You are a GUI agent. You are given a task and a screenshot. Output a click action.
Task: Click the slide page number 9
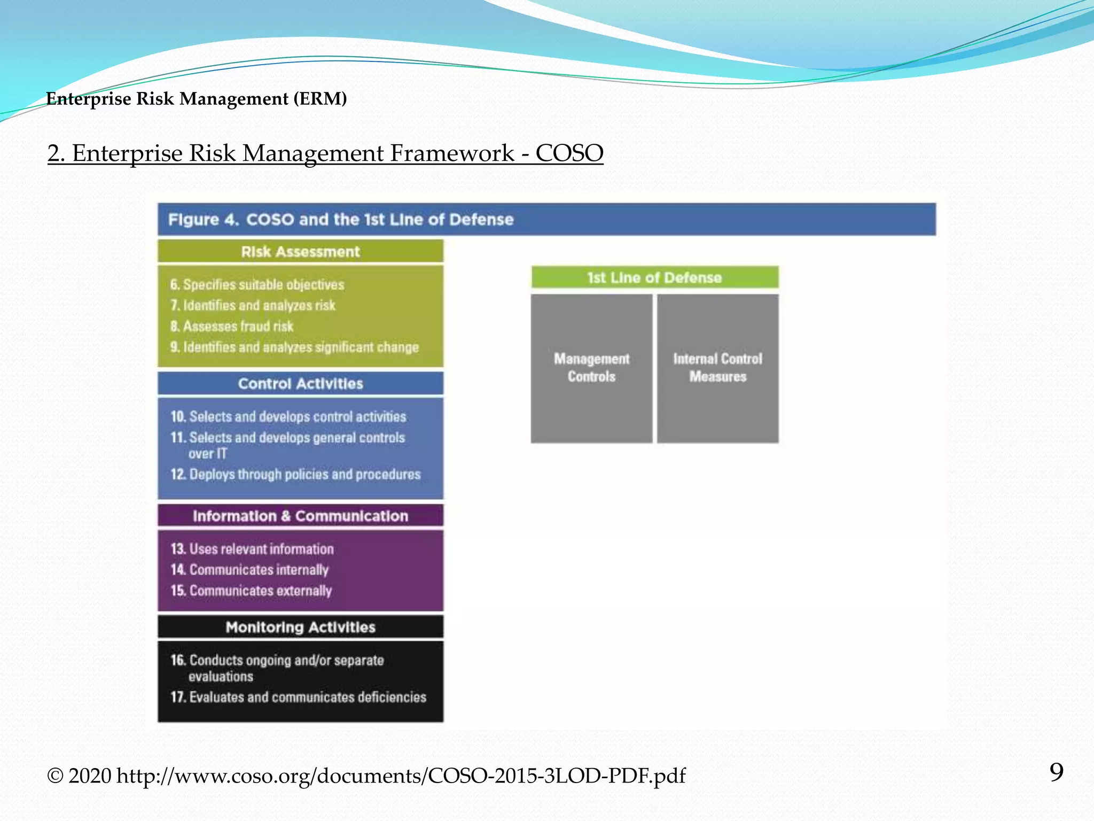[1056, 772]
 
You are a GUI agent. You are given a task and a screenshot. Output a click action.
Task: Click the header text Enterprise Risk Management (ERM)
[197, 99]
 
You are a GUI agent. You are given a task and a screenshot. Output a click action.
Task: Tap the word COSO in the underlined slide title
[569, 153]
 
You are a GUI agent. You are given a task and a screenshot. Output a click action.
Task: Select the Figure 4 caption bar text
[341, 220]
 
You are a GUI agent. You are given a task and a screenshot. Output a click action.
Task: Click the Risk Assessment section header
[300, 252]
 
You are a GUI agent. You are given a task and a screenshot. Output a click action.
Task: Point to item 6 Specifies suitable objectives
[257, 285]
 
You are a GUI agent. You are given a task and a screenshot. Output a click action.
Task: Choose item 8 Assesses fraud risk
[232, 327]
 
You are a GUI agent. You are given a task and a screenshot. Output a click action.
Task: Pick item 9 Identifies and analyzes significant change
[294, 347]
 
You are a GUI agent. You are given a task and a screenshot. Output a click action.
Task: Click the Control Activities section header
[300, 384]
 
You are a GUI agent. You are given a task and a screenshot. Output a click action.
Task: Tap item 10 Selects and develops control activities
[288, 417]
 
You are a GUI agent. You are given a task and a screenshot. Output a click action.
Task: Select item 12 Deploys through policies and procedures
[295, 475]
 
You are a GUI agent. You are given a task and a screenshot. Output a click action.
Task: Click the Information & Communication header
[300, 516]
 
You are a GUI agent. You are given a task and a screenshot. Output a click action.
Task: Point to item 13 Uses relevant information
[252, 549]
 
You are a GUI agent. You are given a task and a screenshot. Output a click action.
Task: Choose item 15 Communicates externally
[251, 591]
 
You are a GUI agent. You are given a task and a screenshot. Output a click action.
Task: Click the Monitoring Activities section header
[300, 628]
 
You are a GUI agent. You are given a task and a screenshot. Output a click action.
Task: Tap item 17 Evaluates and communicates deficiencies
[298, 697]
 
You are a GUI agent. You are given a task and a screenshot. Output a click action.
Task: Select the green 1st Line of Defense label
[654, 278]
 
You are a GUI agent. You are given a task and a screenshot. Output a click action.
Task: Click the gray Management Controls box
[591, 368]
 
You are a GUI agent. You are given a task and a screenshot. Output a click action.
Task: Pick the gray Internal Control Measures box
[717, 368]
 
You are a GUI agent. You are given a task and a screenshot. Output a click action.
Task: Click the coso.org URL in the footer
[401, 776]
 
